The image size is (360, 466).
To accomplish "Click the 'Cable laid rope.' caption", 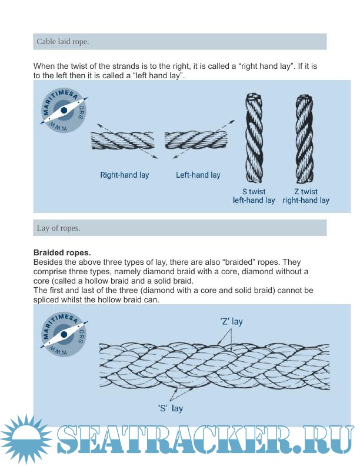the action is tap(63, 42).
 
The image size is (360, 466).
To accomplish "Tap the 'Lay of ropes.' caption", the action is tap(58, 228).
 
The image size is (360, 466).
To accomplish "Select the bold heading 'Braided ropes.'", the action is tap(62, 252).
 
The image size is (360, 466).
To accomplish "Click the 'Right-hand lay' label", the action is tap(125, 175).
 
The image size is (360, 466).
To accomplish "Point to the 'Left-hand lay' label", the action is tap(198, 175).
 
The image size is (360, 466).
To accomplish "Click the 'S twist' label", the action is tap(254, 192).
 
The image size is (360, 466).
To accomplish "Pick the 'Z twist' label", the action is tap(306, 192).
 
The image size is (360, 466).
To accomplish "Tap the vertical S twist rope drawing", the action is tap(254, 138).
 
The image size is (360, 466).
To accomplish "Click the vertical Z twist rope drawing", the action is tap(305, 139).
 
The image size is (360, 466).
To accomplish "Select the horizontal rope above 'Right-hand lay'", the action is tap(122, 141).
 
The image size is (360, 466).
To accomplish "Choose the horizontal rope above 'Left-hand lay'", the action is tap(196, 140).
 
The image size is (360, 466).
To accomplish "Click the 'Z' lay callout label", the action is tap(231, 322).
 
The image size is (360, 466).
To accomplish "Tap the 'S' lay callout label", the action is tap(170, 408).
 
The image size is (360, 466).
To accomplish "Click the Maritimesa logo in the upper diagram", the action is tap(64, 111).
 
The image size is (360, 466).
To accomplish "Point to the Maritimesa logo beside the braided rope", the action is tap(64, 334).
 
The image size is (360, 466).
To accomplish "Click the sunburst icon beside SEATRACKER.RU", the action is tap(26, 440).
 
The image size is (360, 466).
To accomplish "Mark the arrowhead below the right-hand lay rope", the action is tap(155, 157).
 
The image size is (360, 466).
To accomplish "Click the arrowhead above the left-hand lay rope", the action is tap(232, 122).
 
